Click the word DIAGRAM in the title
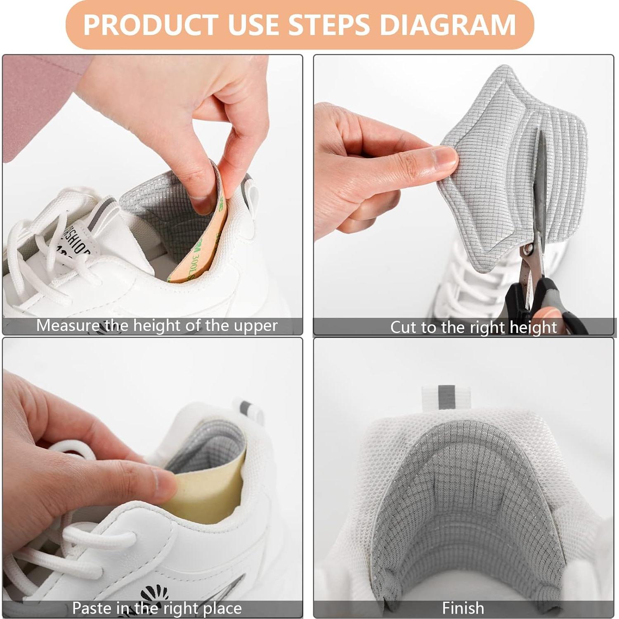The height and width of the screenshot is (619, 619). point(448,25)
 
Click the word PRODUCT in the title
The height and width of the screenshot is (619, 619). point(151,25)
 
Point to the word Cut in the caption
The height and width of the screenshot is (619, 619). point(404,328)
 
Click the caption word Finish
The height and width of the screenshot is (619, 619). point(463,608)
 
